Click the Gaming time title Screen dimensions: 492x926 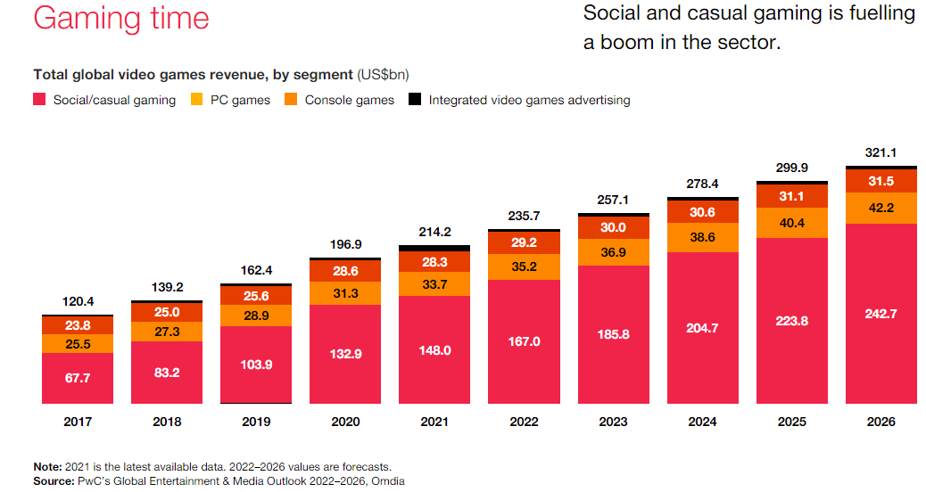click(121, 19)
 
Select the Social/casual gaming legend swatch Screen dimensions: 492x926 click(40, 100)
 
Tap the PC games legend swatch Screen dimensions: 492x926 click(197, 100)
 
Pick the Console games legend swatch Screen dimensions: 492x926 click(292, 100)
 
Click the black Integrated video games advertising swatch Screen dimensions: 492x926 click(415, 100)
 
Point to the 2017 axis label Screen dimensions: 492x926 click(78, 422)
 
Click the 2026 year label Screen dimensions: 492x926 click(881, 422)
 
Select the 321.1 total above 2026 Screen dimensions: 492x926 click(881, 153)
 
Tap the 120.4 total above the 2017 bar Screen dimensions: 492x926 click(78, 301)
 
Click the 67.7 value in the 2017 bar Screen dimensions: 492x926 click(78, 378)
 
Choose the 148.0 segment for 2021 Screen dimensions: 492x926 click(434, 350)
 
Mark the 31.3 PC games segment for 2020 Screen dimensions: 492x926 click(345, 291)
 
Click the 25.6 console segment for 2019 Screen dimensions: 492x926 click(256, 295)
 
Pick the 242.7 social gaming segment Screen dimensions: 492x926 click(881, 313)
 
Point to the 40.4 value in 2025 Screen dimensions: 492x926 click(791, 223)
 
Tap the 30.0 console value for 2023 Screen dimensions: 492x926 click(613, 227)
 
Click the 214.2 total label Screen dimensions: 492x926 click(434, 232)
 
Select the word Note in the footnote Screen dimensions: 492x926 click(46, 466)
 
